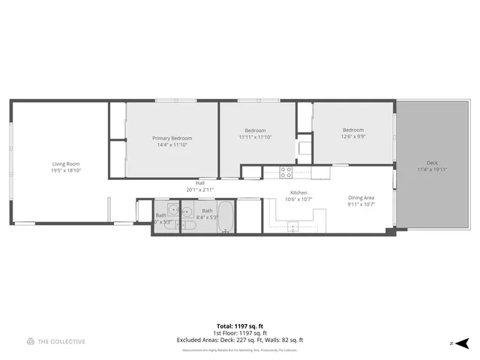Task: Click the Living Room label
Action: [x=66, y=163]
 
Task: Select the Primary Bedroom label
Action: [x=172, y=138]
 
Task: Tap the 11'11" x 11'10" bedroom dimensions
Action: [x=255, y=137]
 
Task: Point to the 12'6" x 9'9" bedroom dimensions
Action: [x=352, y=136]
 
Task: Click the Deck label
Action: [x=432, y=163]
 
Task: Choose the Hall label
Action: [x=200, y=183]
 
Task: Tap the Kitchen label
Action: [x=299, y=192]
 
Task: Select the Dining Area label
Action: [x=361, y=198]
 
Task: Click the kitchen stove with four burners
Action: [x=286, y=172]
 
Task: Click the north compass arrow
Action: [x=463, y=342]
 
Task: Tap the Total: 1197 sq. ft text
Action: [x=239, y=325]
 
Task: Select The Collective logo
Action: [x=55, y=341]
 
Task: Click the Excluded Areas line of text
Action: [x=239, y=340]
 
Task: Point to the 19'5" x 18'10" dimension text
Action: [x=66, y=170]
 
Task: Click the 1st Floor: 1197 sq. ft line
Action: [x=239, y=333]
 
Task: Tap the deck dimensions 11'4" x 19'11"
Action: [x=432, y=169]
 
